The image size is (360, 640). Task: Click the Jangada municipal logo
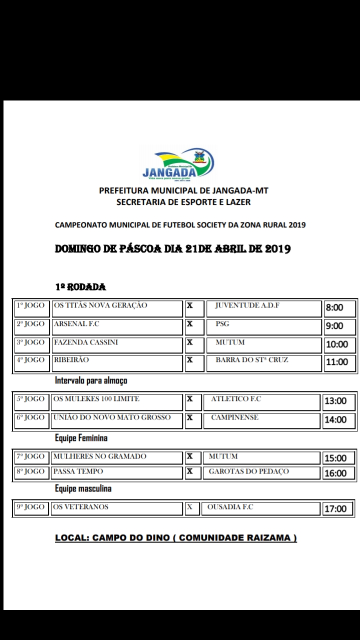(178, 163)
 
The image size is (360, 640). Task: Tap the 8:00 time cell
(339, 308)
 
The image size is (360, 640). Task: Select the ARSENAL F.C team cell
(117, 326)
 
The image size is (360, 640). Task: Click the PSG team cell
(263, 326)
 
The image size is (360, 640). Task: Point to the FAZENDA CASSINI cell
(117, 345)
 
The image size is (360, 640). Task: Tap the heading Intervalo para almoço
(91, 380)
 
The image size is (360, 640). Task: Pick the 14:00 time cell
(338, 420)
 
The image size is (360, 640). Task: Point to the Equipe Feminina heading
(81, 438)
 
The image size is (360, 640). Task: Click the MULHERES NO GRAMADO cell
(117, 456)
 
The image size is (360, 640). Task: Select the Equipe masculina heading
(83, 488)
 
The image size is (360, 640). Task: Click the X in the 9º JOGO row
(189, 507)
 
